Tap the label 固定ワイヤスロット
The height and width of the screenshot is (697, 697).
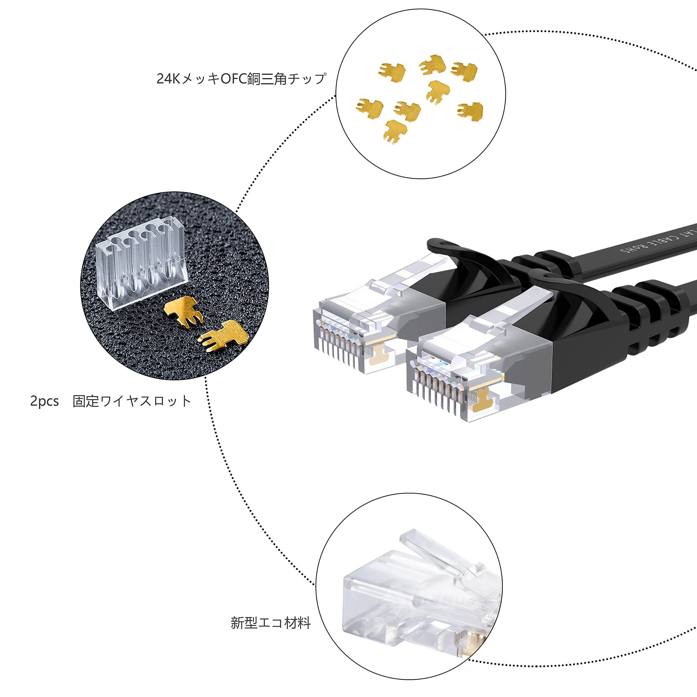132,401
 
